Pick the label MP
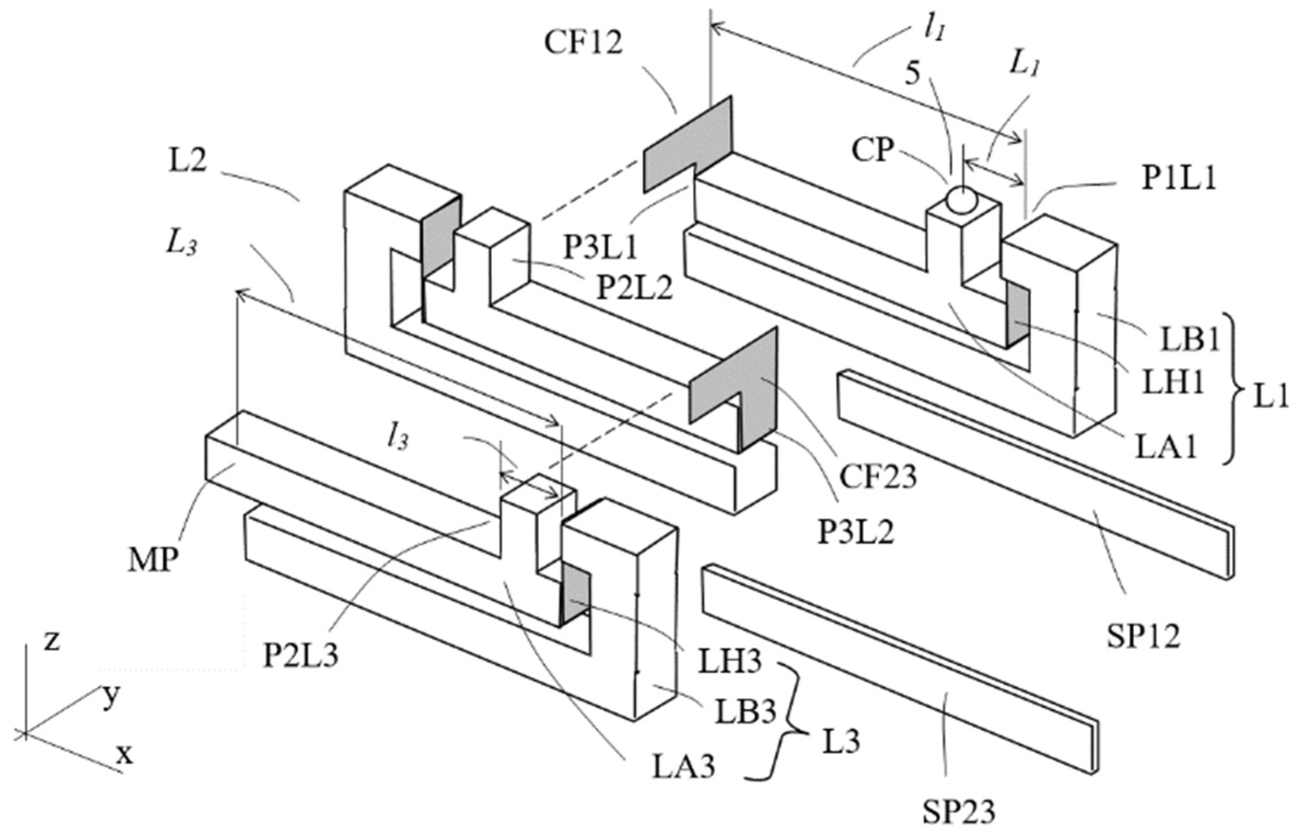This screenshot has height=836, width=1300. click(x=154, y=562)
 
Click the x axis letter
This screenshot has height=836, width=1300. click(x=125, y=756)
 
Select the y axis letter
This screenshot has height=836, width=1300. click(x=111, y=696)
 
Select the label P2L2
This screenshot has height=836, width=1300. click(x=634, y=288)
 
